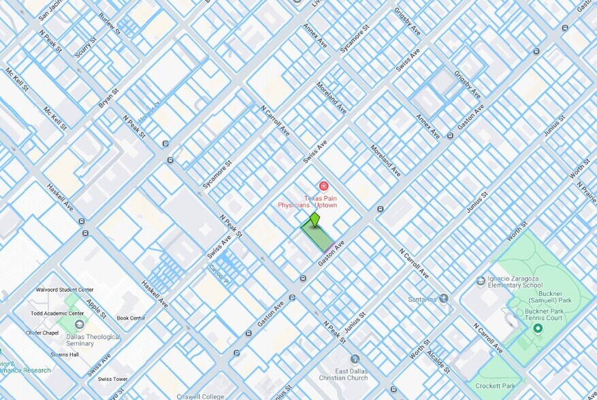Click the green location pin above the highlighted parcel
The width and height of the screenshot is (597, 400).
[x=314, y=220]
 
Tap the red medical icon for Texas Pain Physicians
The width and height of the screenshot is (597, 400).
[x=323, y=186]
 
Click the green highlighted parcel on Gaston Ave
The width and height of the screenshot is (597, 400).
[x=318, y=237]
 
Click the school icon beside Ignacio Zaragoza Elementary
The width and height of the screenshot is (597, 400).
[x=481, y=281]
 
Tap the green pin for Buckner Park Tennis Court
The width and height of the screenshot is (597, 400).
[x=537, y=329]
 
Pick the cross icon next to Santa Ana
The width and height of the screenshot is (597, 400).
[x=444, y=298]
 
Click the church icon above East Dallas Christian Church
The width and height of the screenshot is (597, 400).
[x=354, y=359]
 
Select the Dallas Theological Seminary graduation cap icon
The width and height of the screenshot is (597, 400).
[x=80, y=324]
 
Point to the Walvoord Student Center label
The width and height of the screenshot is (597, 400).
[x=63, y=290]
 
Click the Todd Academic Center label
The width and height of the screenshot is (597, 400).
[x=57, y=314]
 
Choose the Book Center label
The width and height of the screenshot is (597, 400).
[x=131, y=318]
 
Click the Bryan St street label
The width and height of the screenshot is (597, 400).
[x=108, y=100]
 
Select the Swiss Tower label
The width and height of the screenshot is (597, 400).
[x=112, y=379]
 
